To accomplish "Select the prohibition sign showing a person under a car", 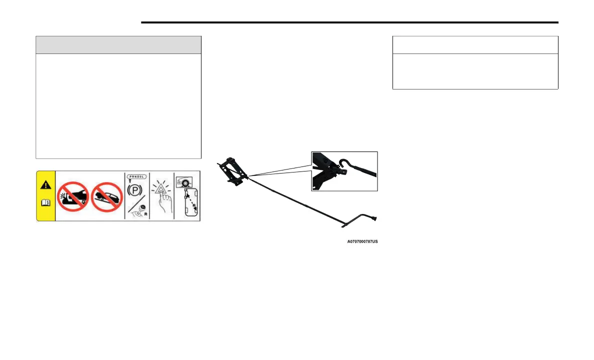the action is click(73, 196).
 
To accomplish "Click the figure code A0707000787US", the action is click(362, 241).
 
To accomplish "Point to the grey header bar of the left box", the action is click(118, 44).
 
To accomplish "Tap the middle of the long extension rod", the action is click(300, 199).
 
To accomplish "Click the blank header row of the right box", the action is click(475, 44).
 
